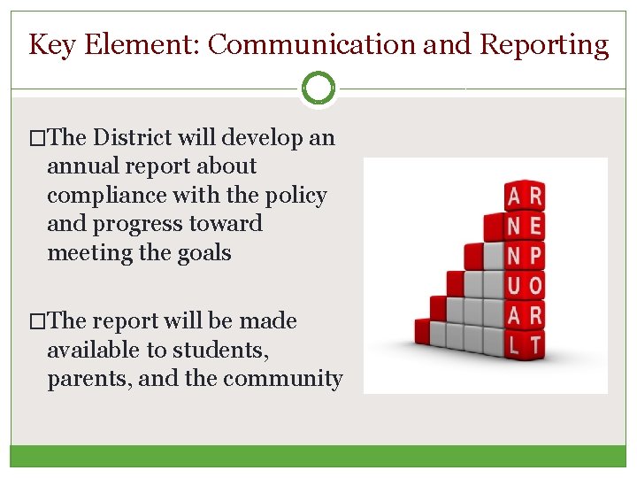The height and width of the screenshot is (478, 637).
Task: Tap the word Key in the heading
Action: [x=51, y=44]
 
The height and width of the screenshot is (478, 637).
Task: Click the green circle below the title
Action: [x=318, y=89]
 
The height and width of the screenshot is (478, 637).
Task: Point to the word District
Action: [x=134, y=137]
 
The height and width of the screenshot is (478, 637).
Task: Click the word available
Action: [x=93, y=350]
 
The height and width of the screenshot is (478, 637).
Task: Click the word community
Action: [x=282, y=378]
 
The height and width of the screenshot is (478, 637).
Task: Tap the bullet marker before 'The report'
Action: [x=36, y=321]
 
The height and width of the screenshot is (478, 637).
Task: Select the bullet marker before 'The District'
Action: [x=36, y=137]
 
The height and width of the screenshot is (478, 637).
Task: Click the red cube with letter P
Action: [x=534, y=256]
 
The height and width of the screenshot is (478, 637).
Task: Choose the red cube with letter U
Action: [x=514, y=285]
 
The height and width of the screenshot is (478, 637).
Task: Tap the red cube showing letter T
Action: [x=535, y=343]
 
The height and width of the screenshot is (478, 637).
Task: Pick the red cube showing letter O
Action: [x=534, y=285]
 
